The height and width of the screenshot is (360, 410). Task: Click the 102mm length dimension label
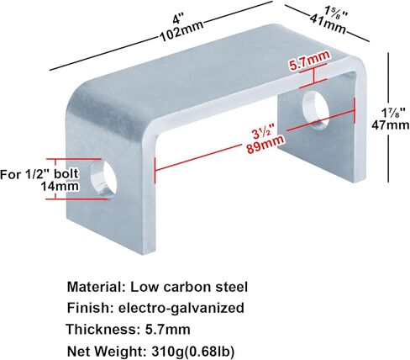[x=181, y=31]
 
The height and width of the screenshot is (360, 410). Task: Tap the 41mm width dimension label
[x=328, y=24]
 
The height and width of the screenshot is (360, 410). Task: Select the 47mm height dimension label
[x=391, y=124]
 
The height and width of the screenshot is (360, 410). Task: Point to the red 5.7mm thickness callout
[x=310, y=61]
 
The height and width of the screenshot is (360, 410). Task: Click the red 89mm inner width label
[x=265, y=144]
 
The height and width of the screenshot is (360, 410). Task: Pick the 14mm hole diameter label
[x=60, y=186]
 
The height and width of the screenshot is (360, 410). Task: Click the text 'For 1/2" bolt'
[x=39, y=174]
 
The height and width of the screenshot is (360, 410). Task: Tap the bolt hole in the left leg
[x=103, y=178]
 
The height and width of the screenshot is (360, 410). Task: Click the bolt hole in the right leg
[x=316, y=110]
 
